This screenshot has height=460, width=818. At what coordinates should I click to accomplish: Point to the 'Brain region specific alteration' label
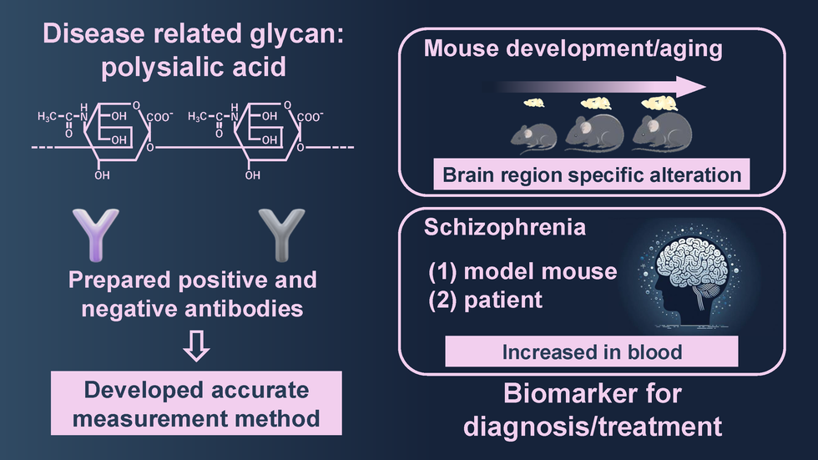591,175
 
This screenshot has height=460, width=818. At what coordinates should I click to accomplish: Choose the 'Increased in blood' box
592,352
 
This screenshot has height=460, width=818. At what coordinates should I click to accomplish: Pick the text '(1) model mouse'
523,271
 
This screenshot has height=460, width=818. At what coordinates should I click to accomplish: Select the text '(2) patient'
486,299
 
